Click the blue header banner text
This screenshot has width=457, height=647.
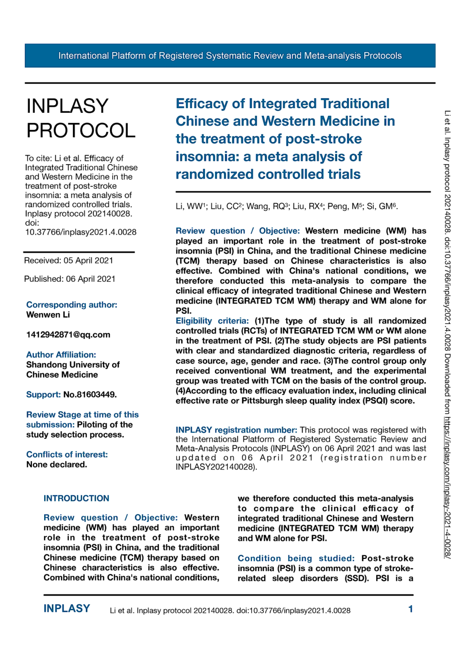230,56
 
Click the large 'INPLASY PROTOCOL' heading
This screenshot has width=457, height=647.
81,118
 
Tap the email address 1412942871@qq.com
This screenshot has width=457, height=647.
68,335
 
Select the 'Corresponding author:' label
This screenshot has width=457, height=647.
72,305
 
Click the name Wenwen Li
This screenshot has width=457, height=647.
48,315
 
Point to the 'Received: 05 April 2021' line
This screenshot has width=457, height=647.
69,260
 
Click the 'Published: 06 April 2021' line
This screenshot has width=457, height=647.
69,279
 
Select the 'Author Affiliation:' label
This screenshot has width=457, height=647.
61,355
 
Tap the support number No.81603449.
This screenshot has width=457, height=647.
90,395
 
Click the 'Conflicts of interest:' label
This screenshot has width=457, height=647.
67,455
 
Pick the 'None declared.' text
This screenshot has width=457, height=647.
56,465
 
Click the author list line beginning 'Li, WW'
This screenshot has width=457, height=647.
287,206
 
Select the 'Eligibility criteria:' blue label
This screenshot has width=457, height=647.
212,321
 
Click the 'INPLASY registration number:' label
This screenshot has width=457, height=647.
236,430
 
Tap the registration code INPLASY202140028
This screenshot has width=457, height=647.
215,467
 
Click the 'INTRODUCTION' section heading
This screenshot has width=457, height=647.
76,498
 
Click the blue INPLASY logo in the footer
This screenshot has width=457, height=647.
66,609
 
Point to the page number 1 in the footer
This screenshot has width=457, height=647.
410,609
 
